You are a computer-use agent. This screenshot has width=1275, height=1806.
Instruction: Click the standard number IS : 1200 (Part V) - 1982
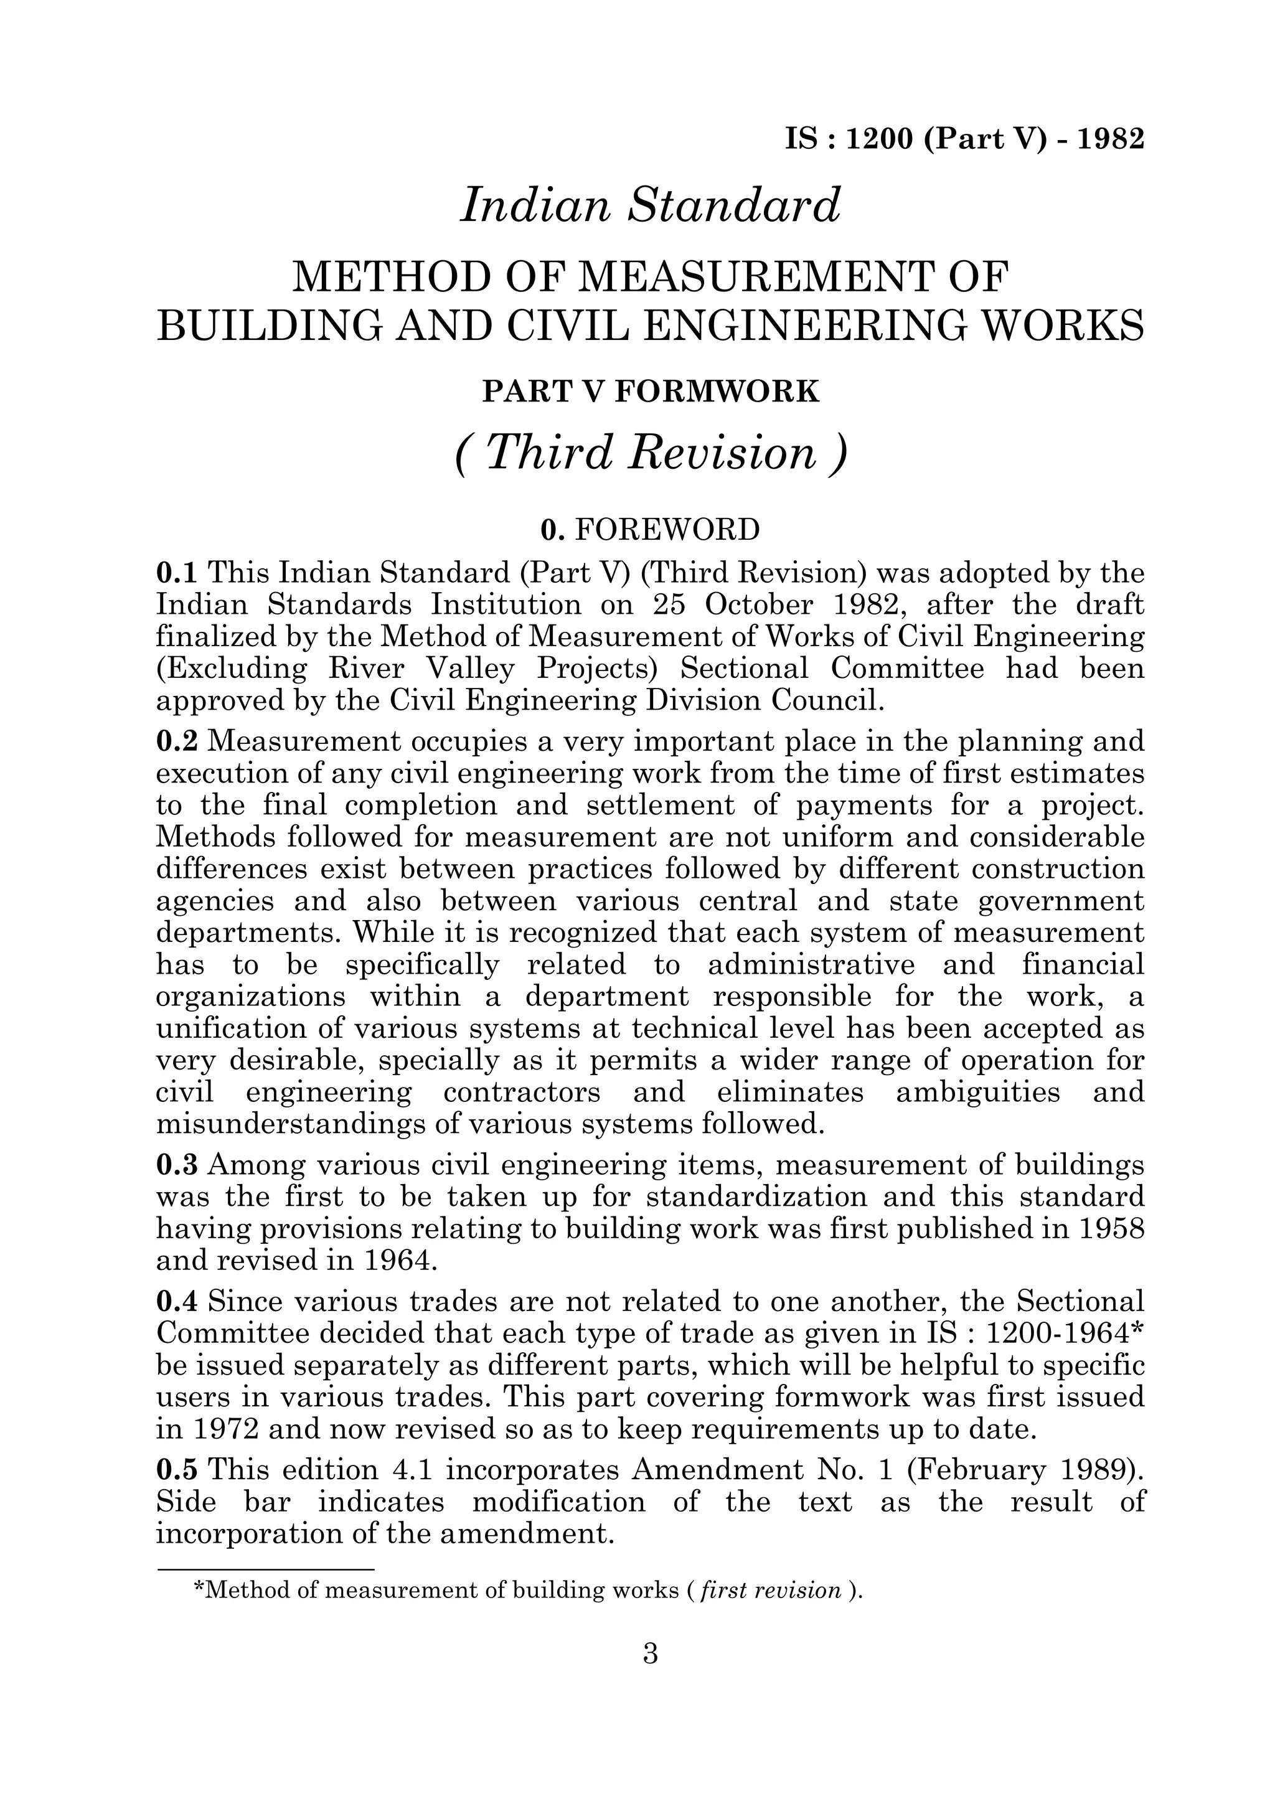coord(964,139)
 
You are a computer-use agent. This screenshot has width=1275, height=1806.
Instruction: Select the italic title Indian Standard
coord(651,205)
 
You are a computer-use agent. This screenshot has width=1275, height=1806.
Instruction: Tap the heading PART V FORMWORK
coord(651,391)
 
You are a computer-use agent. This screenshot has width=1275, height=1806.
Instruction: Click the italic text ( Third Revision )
coord(651,454)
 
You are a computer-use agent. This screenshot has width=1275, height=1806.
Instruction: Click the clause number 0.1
coord(179,573)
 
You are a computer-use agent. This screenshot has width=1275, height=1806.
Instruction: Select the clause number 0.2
coord(179,741)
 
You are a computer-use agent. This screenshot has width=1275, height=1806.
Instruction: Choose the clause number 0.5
coord(179,1470)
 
